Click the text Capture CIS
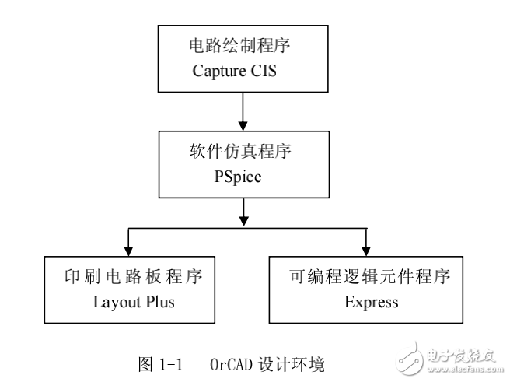coord(243,72)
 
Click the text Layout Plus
coord(128,302)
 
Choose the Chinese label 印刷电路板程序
coord(128,277)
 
